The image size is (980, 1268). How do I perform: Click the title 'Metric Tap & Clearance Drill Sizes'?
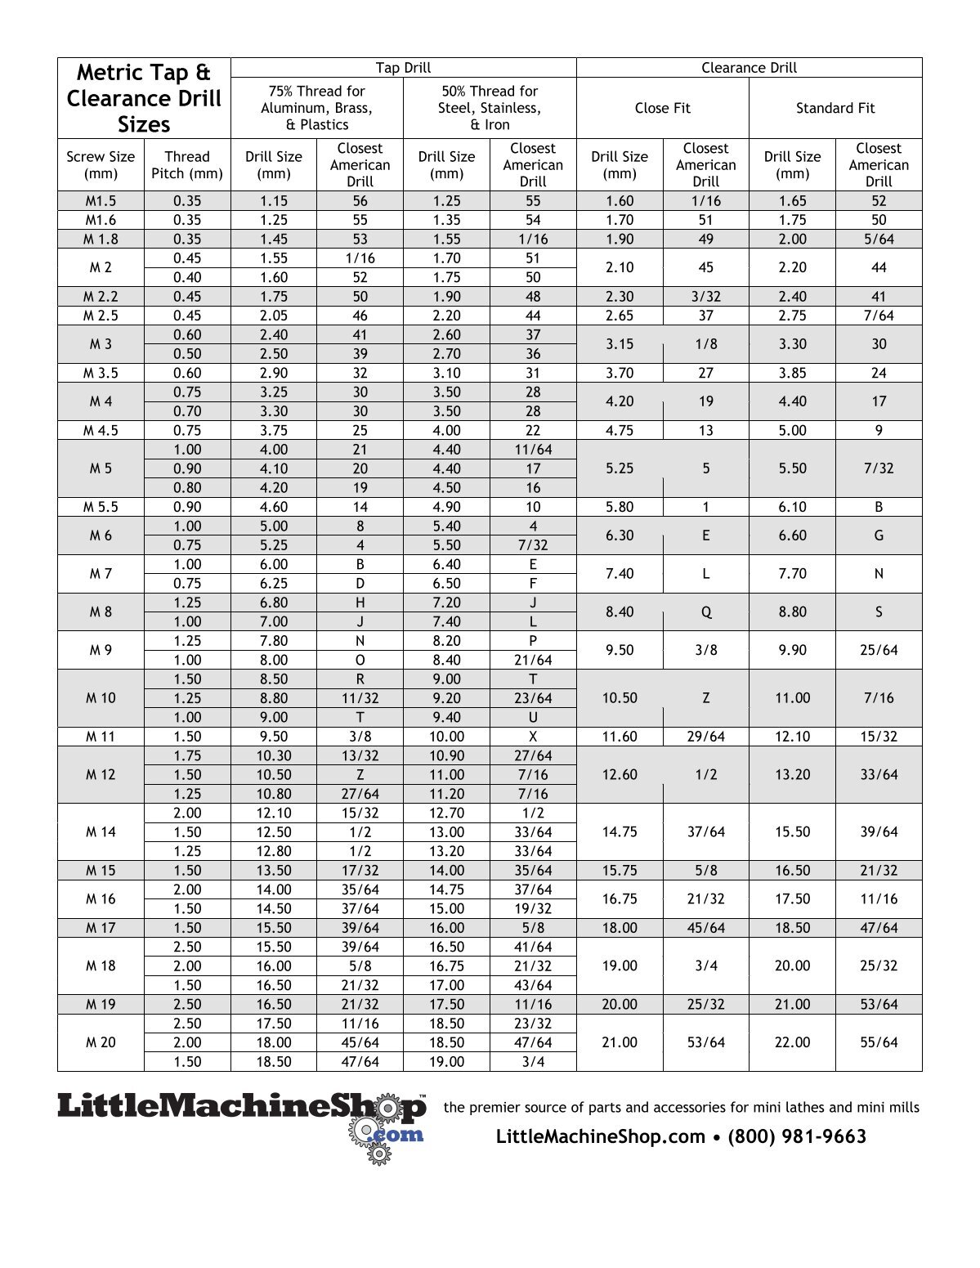tap(144, 98)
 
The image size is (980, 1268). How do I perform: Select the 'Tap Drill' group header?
tap(403, 68)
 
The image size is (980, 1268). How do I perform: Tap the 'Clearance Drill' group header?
tap(749, 68)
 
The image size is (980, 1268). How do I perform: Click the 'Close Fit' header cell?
tap(662, 108)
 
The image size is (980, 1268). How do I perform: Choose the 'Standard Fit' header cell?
tap(835, 108)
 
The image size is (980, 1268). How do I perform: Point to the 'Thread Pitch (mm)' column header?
tap(187, 165)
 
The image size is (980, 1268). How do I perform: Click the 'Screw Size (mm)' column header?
tap(101, 165)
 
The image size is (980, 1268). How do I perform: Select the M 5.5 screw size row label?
tap(101, 507)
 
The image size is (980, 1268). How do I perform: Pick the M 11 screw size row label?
tap(101, 737)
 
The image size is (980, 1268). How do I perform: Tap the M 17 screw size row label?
tap(101, 928)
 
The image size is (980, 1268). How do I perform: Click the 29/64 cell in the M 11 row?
tap(705, 737)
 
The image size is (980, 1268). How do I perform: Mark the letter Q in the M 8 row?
tap(705, 612)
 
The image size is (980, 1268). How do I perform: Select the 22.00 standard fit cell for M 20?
tap(792, 1042)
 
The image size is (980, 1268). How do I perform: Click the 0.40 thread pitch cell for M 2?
tap(187, 277)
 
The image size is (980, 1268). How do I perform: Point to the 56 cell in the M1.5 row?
tap(360, 201)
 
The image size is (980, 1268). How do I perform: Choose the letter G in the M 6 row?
tap(879, 535)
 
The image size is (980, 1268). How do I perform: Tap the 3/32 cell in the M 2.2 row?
tap(705, 297)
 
